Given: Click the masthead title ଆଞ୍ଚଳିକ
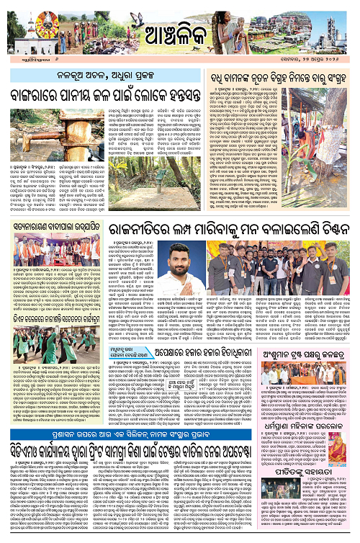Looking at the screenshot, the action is [179, 32].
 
